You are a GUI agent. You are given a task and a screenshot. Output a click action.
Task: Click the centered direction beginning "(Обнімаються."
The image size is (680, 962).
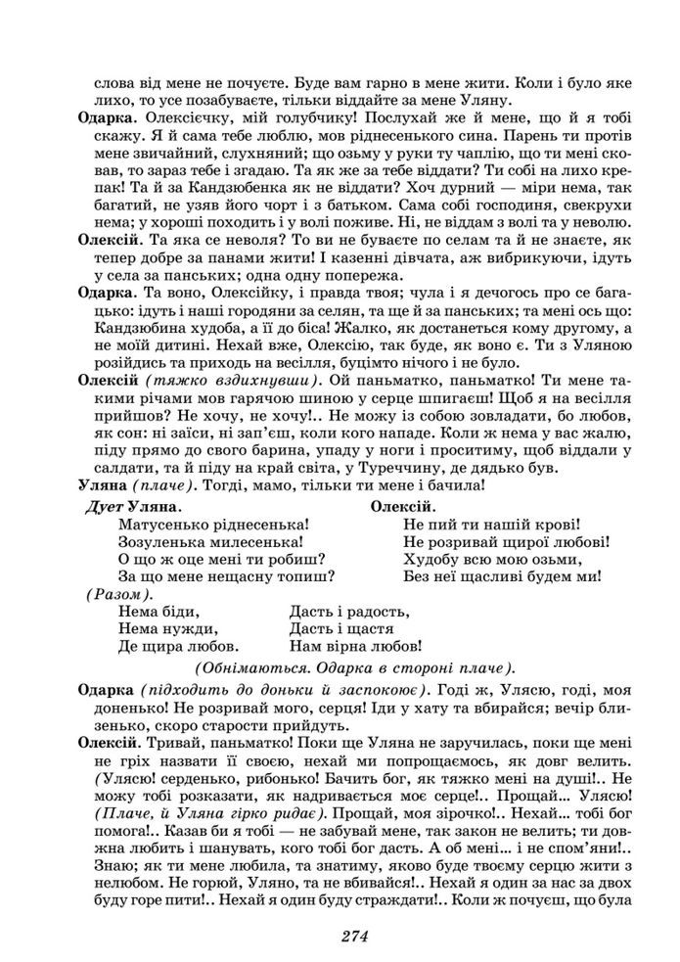pos(354,667)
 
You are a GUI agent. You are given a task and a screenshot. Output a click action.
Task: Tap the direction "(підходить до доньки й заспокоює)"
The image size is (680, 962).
pos(285,689)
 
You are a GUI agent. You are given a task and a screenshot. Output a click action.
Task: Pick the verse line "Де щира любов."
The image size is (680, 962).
pos(178,646)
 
